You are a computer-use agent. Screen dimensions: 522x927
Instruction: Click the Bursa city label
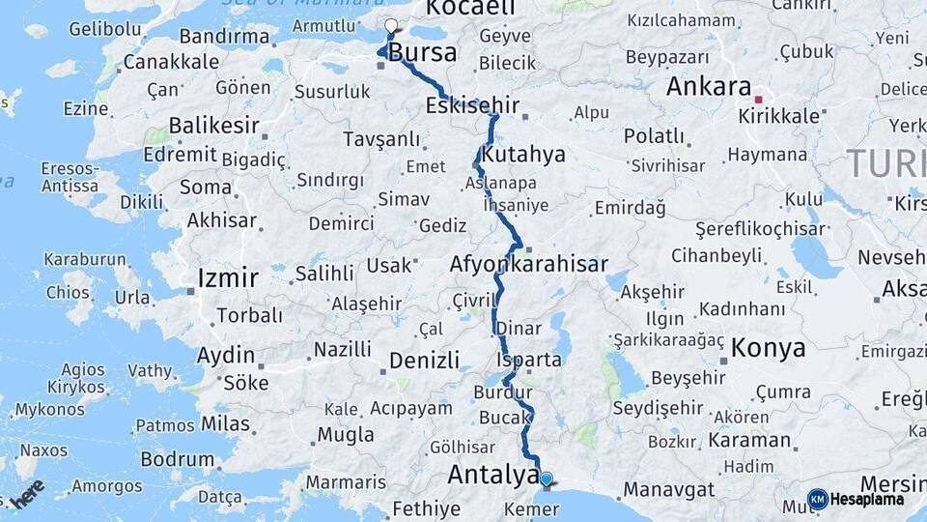(423, 53)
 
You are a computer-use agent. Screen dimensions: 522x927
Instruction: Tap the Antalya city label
(492, 476)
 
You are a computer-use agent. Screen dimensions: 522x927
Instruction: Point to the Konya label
(769, 347)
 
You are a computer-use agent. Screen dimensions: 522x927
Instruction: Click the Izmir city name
(228, 279)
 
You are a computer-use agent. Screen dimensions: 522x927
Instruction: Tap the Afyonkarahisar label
(528, 264)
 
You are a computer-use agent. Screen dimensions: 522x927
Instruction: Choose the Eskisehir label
(472, 105)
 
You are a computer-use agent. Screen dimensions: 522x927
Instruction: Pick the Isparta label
(528, 360)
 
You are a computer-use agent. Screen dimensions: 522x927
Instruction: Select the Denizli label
(424, 361)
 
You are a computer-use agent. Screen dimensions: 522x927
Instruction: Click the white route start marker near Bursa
(391, 26)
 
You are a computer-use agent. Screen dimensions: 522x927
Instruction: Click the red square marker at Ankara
(758, 99)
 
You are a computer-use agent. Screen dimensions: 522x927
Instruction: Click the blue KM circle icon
(818, 500)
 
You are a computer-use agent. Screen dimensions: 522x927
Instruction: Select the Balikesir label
(214, 126)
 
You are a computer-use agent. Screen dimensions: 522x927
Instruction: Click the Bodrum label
(178, 459)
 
